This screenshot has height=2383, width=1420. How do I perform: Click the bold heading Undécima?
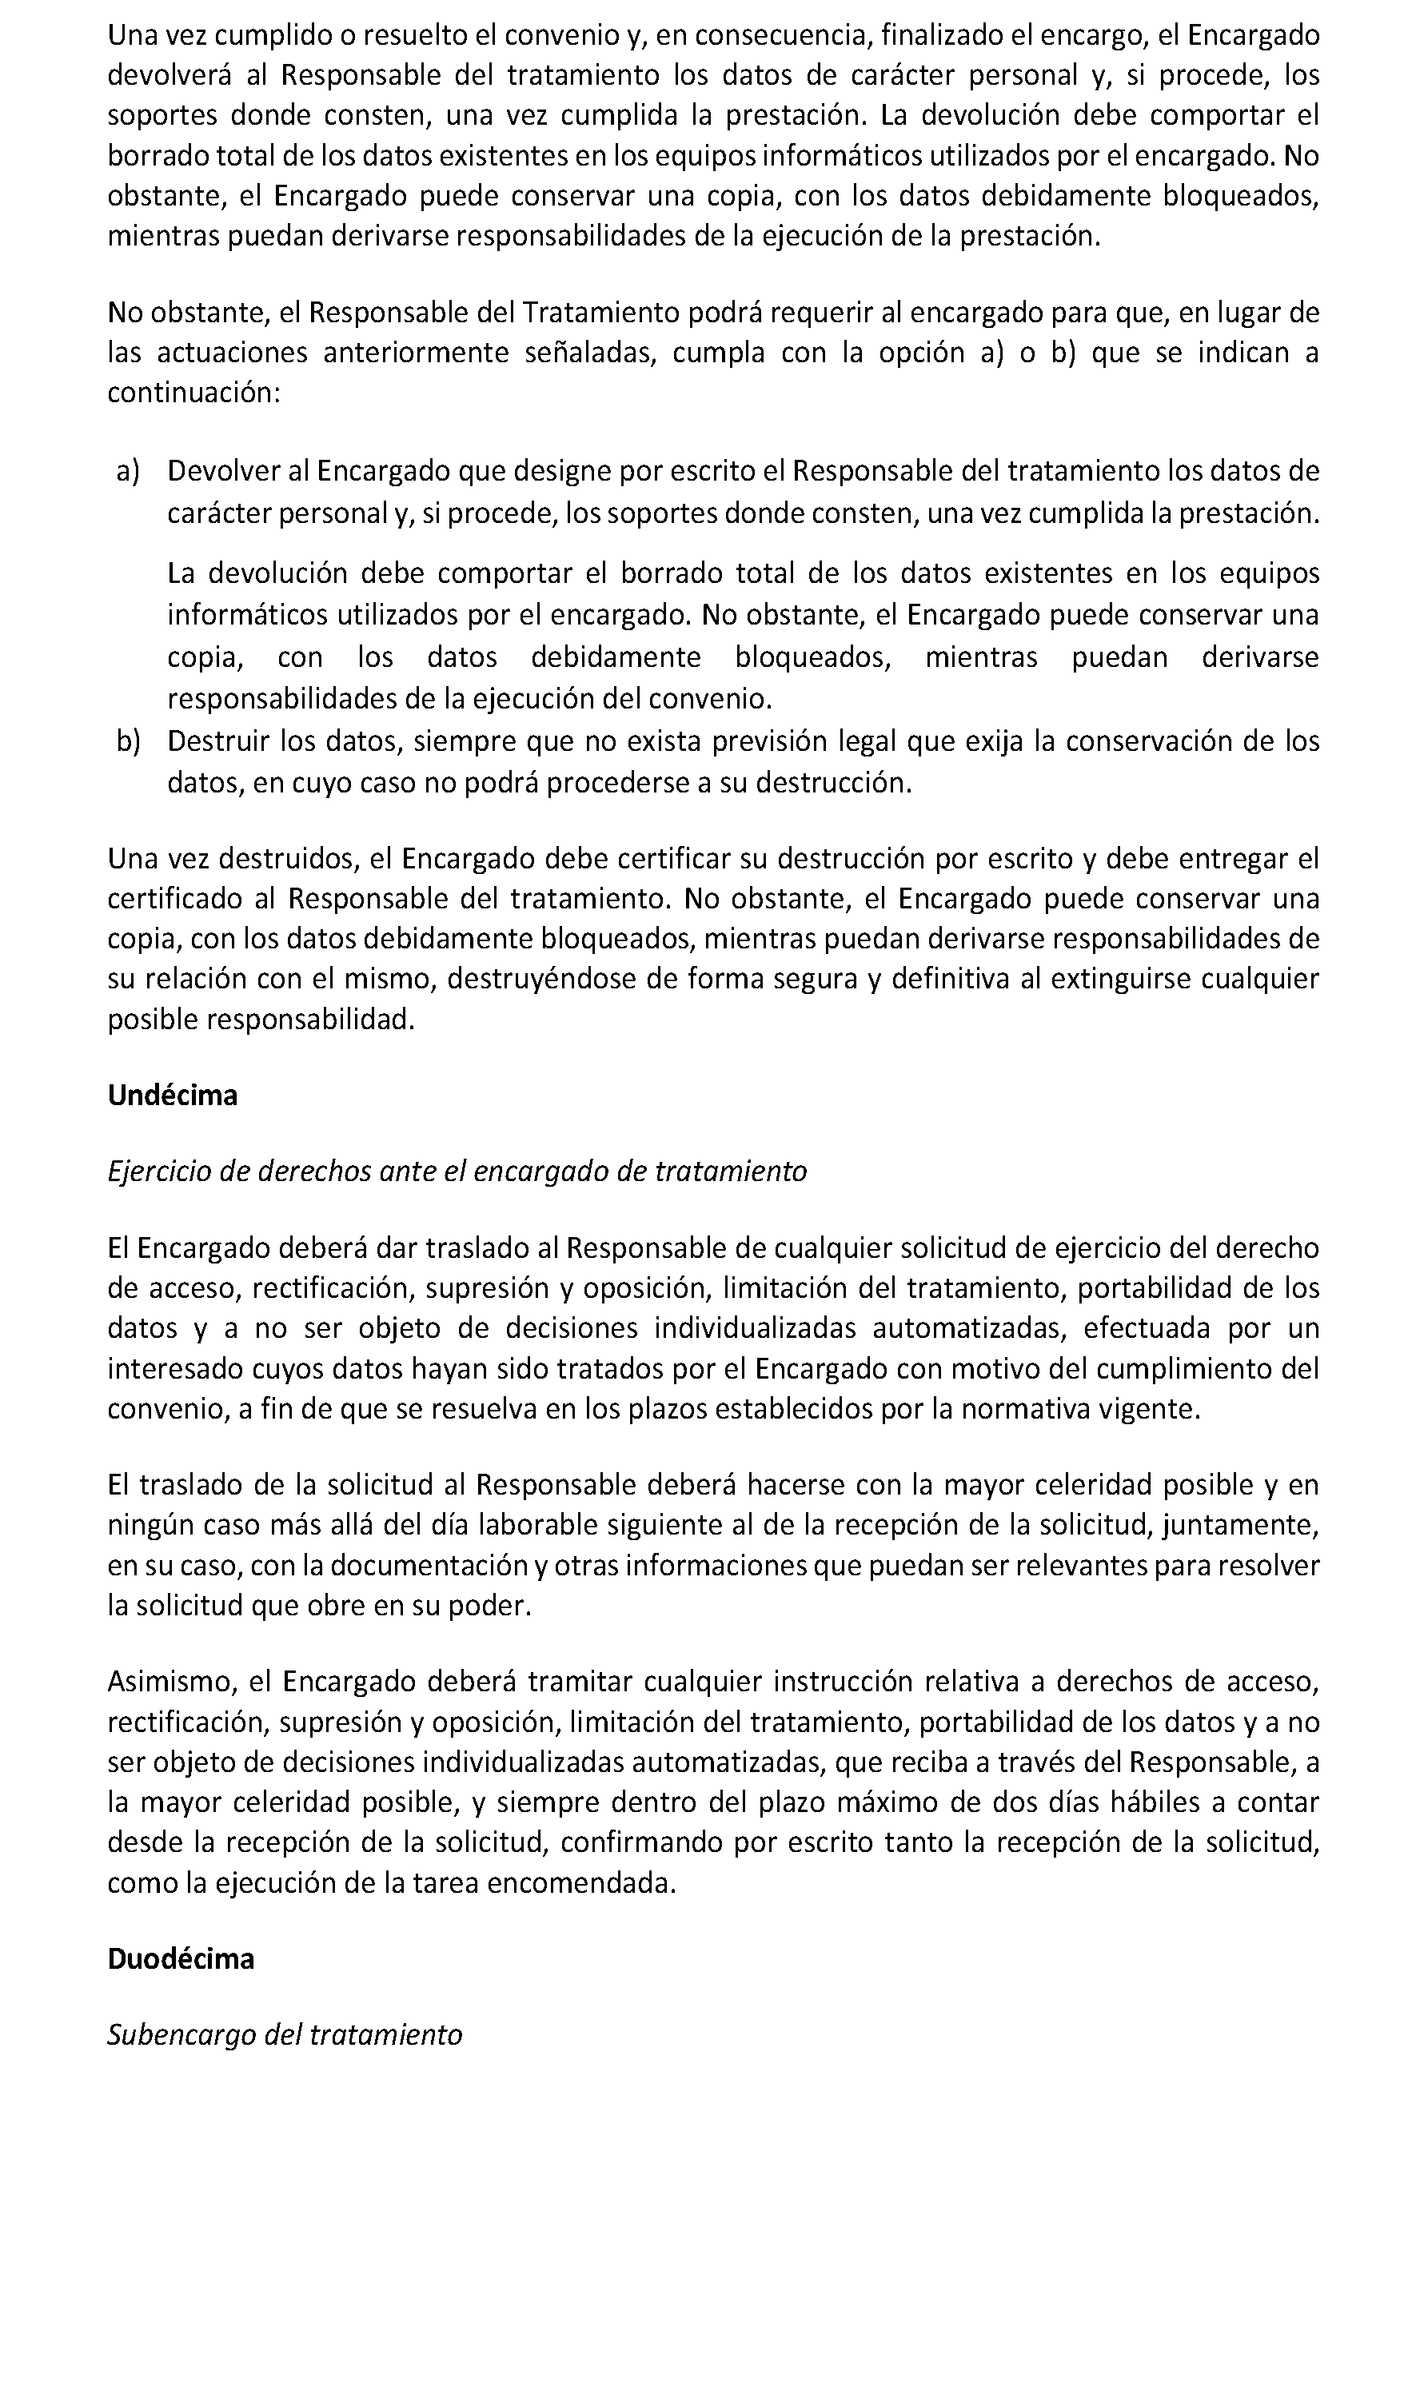click(172, 1095)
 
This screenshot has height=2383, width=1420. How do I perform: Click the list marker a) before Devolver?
click(128, 471)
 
